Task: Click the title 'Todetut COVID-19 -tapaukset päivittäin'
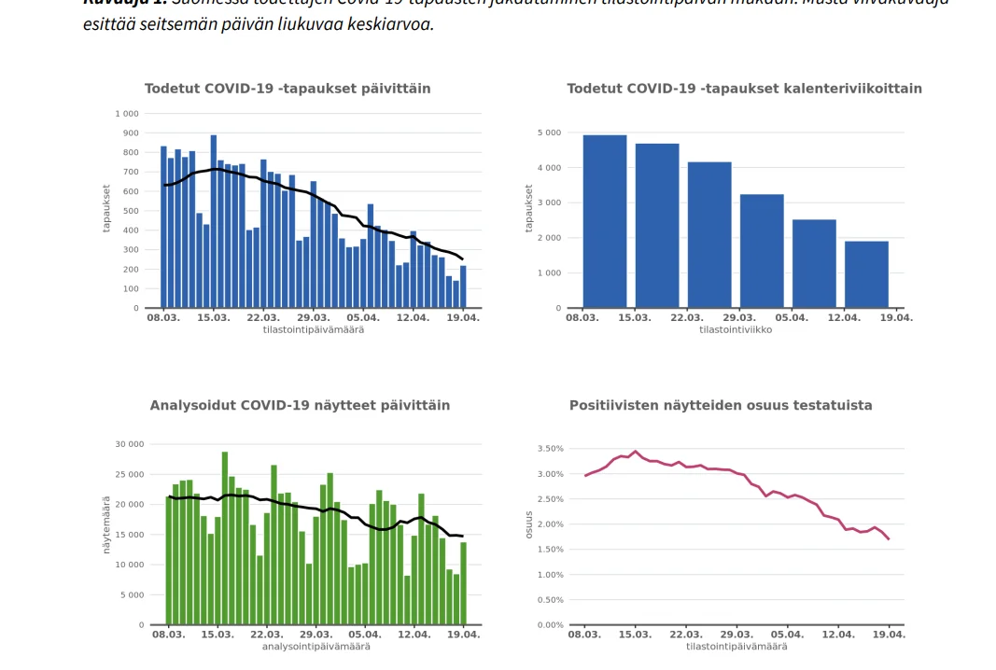tap(288, 89)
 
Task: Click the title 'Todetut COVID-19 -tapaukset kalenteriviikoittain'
tap(744, 89)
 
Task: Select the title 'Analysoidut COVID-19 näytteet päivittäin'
tap(300, 406)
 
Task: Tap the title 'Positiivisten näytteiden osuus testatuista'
tap(721, 406)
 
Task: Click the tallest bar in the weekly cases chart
tap(605, 222)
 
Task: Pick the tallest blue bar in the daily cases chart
tap(214, 222)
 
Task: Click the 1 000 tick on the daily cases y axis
tap(126, 114)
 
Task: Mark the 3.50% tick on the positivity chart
tap(550, 449)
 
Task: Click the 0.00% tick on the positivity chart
tap(550, 624)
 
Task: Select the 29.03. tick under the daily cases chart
tap(314, 318)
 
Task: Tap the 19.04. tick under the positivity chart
tap(889, 635)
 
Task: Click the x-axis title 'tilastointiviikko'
tap(736, 329)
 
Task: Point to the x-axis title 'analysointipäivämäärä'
tap(316, 646)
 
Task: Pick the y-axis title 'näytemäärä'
tap(106, 535)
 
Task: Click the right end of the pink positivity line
tap(889, 539)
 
